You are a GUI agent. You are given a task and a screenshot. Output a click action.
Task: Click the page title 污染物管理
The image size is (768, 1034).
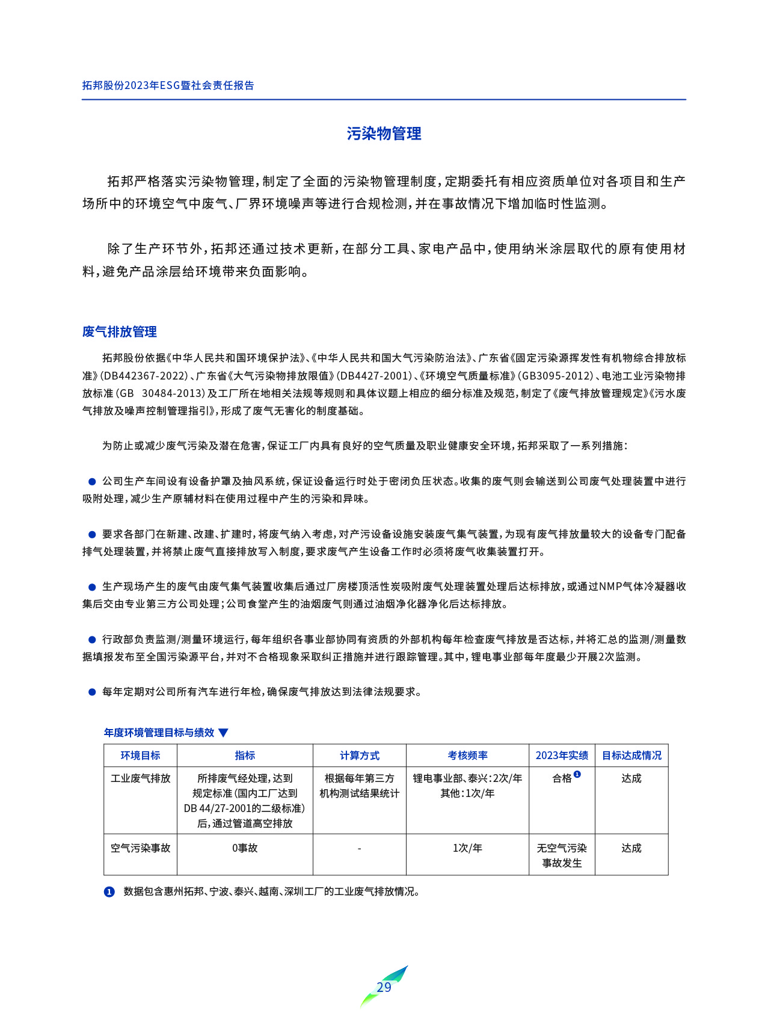click(x=384, y=134)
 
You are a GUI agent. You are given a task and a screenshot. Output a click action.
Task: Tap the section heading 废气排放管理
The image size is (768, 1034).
click(x=119, y=331)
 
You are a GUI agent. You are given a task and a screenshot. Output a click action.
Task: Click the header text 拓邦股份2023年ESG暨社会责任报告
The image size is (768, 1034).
click(x=168, y=85)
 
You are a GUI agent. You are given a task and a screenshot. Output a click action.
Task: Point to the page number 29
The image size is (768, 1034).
click(x=384, y=987)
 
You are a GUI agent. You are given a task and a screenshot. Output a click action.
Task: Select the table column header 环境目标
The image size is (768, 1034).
click(x=140, y=755)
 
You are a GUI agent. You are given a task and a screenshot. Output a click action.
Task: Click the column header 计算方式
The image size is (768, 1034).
click(x=359, y=755)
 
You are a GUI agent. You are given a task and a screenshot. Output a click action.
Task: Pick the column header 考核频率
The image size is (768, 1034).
click(x=467, y=755)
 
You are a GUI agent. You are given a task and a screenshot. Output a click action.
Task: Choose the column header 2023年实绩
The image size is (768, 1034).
click(x=562, y=755)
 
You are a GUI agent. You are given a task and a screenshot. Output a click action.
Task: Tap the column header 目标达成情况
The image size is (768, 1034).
click(x=631, y=755)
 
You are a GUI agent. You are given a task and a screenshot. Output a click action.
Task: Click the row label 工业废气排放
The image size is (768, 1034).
click(x=140, y=778)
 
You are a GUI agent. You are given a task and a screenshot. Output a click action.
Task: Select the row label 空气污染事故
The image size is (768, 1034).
click(x=140, y=848)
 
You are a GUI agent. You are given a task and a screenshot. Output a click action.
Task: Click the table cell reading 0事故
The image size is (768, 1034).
click(x=245, y=848)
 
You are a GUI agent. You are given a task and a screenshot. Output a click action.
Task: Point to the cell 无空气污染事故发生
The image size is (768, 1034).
click(x=562, y=855)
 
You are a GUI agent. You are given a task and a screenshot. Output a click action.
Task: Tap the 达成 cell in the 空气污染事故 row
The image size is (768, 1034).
click(x=631, y=848)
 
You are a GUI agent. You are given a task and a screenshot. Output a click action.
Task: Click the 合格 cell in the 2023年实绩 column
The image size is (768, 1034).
click(x=562, y=778)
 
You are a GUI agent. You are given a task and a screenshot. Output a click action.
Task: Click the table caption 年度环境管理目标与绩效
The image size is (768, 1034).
click(x=159, y=733)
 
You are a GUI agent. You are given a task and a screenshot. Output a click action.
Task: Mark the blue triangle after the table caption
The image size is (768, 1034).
click(x=223, y=733)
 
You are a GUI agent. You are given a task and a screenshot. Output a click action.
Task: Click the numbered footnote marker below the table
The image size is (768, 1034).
click(x=109, y=892)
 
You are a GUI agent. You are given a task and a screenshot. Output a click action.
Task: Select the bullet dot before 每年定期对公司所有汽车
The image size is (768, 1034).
click(x=92, y=692)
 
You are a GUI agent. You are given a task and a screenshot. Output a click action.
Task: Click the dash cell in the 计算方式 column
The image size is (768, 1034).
click(x=359, y=848)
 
